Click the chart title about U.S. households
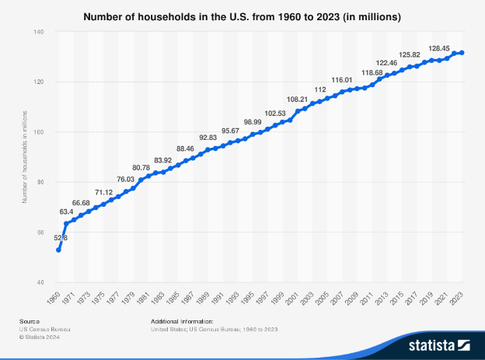coord(242,15)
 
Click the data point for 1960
coord(58,250)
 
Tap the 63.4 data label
coord(66,211)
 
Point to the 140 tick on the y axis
coord(37,32)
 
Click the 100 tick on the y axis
coord(37,132)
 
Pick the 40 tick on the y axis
coord(39,282)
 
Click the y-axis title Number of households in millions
coord(25,157)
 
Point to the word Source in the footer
coord(31,321)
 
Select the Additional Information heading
coord(181,321)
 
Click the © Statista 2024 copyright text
coord(40,337)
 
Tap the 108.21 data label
coord(298,100)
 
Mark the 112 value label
coord(320,90)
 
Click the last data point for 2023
coord(462,53)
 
